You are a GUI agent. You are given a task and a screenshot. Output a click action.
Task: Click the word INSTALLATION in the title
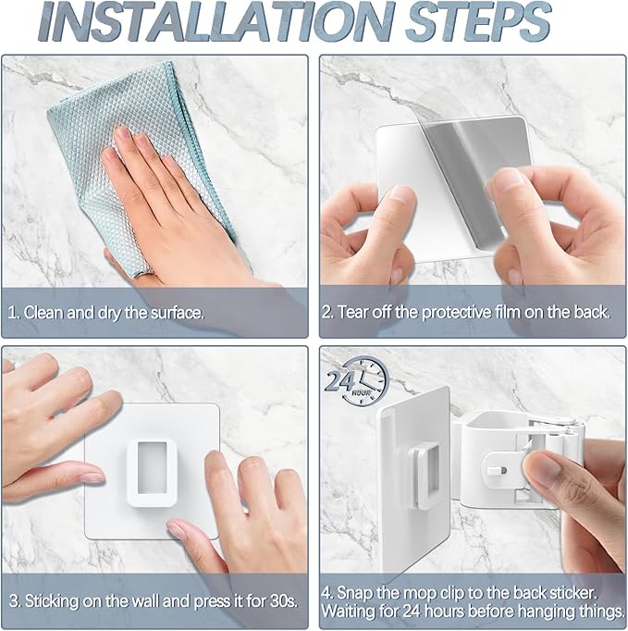tap(217, 21)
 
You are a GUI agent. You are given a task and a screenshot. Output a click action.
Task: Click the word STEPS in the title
tap(478, 21)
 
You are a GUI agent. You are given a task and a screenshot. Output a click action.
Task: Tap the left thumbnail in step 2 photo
tap(400, 193)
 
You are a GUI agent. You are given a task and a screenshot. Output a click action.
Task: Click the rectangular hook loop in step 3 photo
tap(152, 473)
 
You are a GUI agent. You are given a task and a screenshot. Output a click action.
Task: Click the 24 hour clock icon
tap(357, 380)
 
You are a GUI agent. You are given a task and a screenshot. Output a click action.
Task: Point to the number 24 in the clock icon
tap(339, 380)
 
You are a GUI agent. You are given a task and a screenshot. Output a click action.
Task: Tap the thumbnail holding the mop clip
tap(540, 467)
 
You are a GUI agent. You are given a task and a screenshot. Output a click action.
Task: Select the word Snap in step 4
tap(355, 593)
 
